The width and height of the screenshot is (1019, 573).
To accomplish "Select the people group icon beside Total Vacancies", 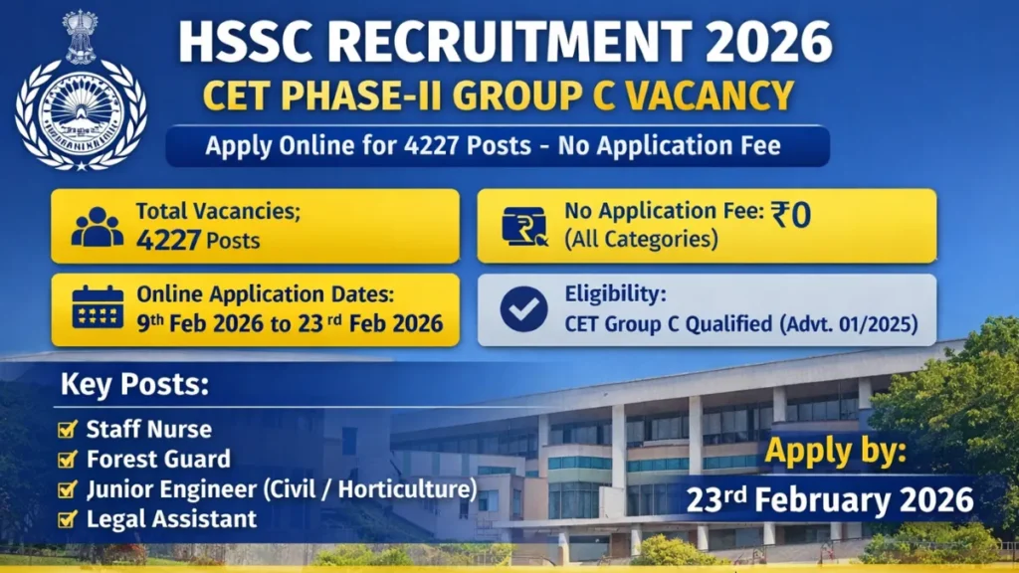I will [x=98, y=227].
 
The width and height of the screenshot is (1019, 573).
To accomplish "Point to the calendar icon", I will [x=98, y=309].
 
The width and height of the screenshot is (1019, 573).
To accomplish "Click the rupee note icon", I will [x=523, y=226].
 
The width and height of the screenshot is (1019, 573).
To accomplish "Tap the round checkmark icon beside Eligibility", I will [x=522, y=308].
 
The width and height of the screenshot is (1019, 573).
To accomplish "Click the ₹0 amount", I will [x=791, y=214].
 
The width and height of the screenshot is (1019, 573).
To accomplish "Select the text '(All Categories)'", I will [x=641, y=240].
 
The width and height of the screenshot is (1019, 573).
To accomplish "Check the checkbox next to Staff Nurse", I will [x=69, y=430].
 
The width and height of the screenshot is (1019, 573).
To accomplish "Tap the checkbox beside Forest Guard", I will [x=69, y=460].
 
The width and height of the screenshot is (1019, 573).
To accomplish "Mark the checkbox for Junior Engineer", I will [x=69, y=489].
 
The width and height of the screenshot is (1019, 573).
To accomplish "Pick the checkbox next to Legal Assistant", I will [x=69, y=518].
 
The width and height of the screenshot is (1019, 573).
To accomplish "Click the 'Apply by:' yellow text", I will [x=835, y=453].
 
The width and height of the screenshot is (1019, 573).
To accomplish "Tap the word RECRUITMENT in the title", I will [x=479, y=41].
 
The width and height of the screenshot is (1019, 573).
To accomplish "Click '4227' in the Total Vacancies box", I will [x=170, y=240].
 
